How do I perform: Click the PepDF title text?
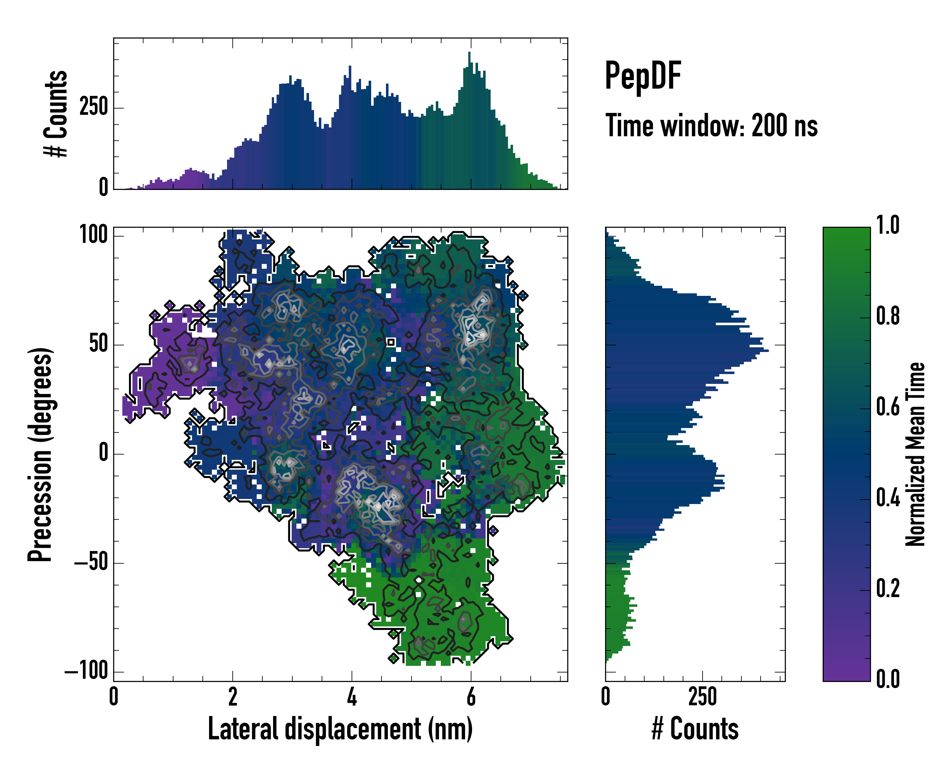pyautogui.click(x=643, y=76)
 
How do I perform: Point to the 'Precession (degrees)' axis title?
pyautogui.click(x=40, y=455)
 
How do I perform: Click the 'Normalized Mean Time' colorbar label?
pyautogui.click(x=915, y=454)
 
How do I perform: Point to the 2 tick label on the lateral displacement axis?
pyautogui.click(x=232, y=696)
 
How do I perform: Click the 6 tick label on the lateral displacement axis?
pyautogui.click(x=471, y=696)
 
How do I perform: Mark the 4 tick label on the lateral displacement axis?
pyautogui.click(x=352, y=696)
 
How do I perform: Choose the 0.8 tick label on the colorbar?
pyautogui.click(x=888, y=316)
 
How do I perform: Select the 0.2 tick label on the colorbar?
pyautogui.click(x=888, y=589)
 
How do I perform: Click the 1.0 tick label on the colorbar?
pyautogui.click(x=888, y=225)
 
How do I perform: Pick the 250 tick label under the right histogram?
pyautogui.click(x=703, y=696)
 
